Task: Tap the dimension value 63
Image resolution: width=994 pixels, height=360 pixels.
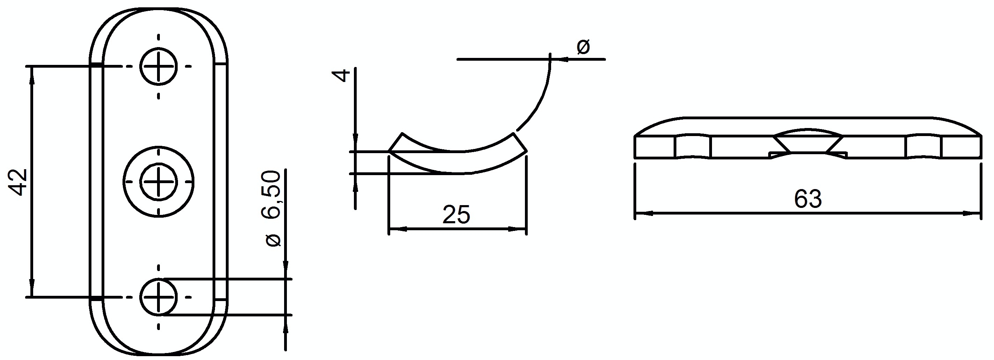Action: tap(808, 200)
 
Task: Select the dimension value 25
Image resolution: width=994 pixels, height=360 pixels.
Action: tap(456, 215)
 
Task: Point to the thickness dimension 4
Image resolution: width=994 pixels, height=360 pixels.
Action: tap(341, 75)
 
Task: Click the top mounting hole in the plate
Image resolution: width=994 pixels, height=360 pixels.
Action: tap(158, 66)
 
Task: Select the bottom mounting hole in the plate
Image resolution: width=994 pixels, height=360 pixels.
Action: tap(158, 298)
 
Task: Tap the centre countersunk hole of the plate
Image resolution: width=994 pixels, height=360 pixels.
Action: tap(158, 182)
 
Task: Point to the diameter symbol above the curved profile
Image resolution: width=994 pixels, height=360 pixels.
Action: tap(583, 47)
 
